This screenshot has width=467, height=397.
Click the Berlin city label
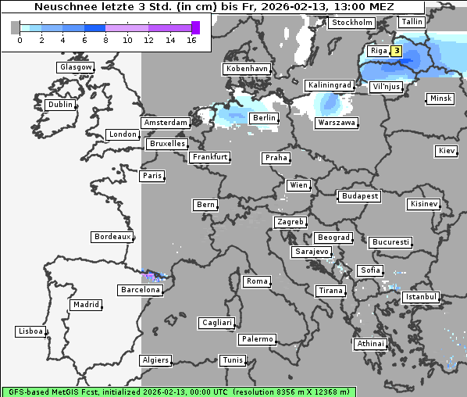pyautogui.click(x=264, y=118)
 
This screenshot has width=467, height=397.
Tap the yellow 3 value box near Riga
pyautogui.click(x=397, y=52)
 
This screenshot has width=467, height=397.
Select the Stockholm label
pyautogui.click(x=351, y=23)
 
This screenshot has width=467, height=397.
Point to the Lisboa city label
pyautogui.click(x=30, y=331)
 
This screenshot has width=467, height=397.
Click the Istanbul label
pyautogui.click(x=421, y=298)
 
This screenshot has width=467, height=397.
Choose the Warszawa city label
pyautogui.click(x=337, y=123)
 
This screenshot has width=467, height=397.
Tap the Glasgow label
pyautogui.click(x=76, y=67)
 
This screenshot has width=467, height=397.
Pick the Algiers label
pyautogui.click(x=155, y=360)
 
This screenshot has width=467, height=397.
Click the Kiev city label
pyautogui.click(x=447, y=151)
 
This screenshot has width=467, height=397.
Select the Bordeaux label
pyautogui.click(x=112, y=237)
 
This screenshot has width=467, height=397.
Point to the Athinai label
pyautogui.click(x=370, y=344)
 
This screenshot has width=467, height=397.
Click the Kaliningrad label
pyautogui.click(x=330, y=84)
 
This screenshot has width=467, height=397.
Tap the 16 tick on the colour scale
pyautogui.click(x=191, y=40)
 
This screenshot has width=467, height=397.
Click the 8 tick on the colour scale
pyautogui.click(x=105, y=40)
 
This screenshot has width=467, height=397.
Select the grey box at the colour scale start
pyautogui.click(x=16, y=27)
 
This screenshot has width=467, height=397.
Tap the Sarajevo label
pyautogui.click(x=312, y=252)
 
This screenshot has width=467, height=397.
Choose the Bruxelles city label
pyautogui.click(x=167, y=144)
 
